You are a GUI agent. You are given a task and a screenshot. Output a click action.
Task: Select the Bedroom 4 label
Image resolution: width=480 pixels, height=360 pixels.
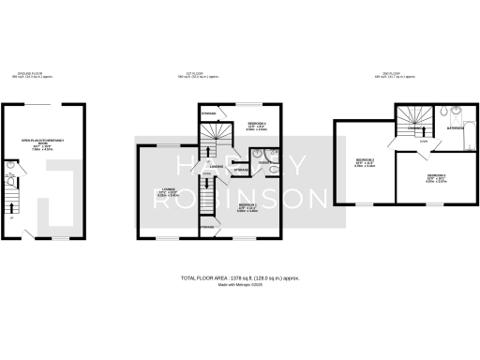pos(246,125)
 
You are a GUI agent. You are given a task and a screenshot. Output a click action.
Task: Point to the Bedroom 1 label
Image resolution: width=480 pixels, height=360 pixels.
pos(247,205)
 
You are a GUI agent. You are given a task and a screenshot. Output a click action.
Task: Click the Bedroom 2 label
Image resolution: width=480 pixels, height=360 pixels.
pos(365,163)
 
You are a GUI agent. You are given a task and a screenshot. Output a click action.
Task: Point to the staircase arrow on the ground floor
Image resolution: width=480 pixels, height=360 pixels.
pos(12,202)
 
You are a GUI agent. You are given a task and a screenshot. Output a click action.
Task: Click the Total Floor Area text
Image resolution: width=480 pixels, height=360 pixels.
pos(240,278)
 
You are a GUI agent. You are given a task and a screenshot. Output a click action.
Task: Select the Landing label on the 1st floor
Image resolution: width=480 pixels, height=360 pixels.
pos(216,166)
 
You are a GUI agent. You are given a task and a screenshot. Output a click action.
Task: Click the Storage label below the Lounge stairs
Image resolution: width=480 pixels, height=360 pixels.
pos(206,228)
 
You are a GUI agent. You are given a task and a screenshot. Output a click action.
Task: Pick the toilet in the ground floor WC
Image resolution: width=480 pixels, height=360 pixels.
pos(10,175)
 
